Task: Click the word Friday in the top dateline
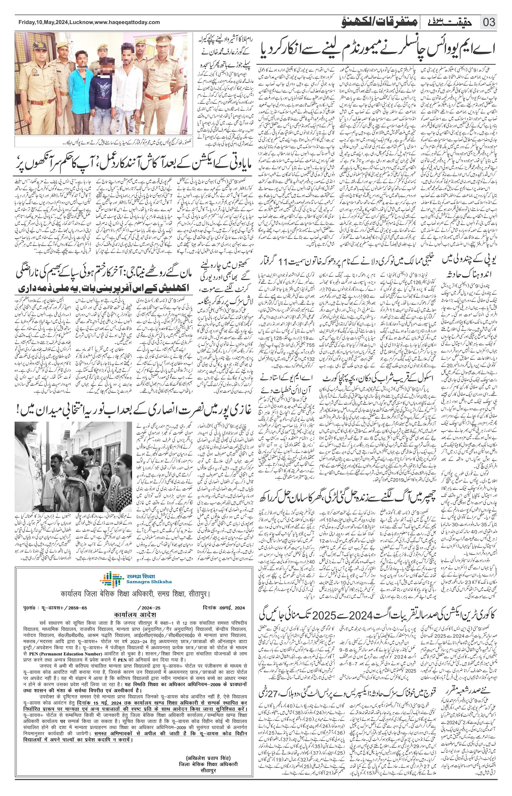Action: [x=27, y=22]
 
